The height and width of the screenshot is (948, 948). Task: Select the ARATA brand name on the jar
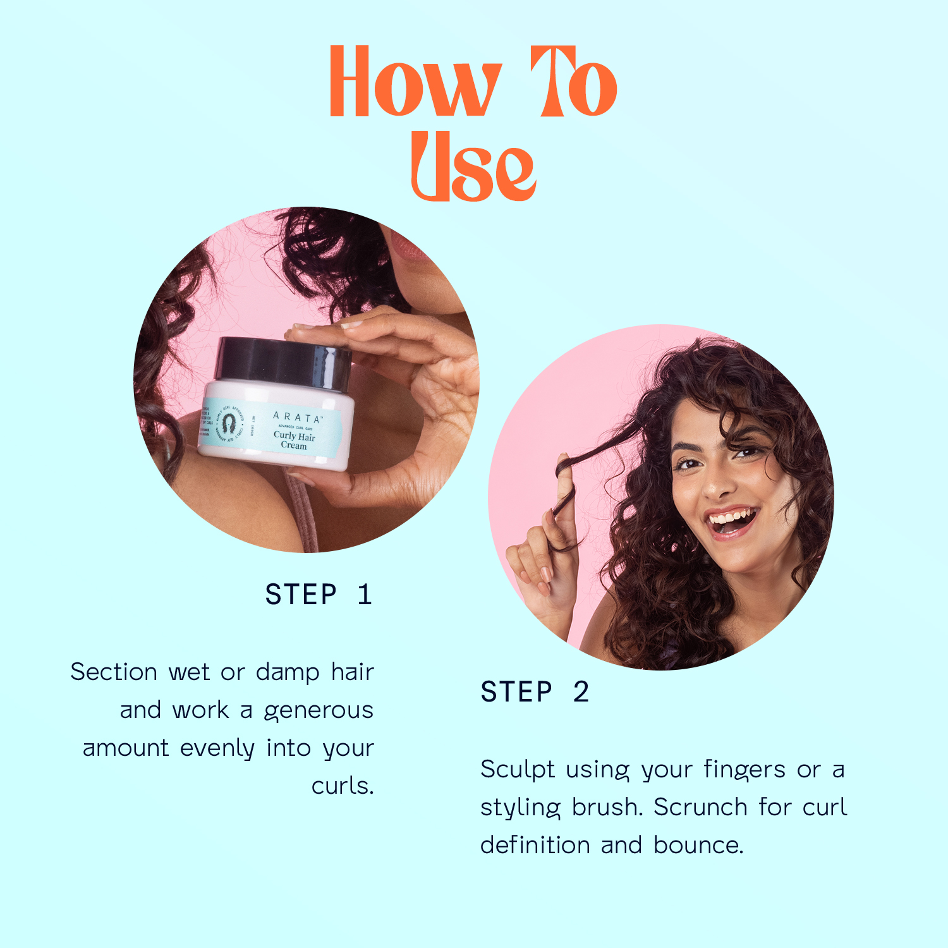297,417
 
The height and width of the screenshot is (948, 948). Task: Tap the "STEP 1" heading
319,595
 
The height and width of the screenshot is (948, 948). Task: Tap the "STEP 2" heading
535,692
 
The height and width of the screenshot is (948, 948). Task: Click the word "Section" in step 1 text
114,672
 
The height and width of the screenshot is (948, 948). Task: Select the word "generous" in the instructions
319,710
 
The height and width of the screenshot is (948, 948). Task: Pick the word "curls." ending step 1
343,786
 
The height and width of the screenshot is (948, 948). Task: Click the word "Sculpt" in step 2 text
518,769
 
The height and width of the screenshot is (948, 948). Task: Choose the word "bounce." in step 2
698,845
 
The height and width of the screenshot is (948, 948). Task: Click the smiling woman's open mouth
731,521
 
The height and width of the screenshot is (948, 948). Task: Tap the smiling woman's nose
714,483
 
